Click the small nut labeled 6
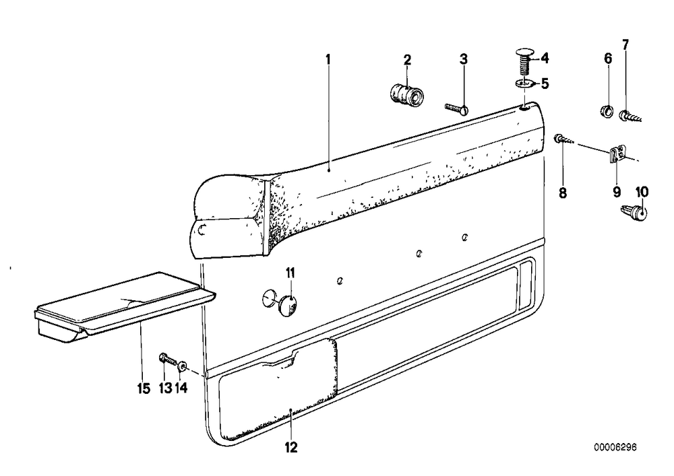click(x=606, y=110)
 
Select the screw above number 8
click(x=563, y=139)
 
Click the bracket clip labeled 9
click(x=617, y=154)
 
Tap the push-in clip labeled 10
click(x=636, y=212)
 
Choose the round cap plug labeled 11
click(x=286, y=305)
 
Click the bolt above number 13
click(x=168, y=360)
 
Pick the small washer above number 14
click(x=182, y=366)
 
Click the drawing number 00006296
click(x=615, y=447)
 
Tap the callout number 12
click(x=291, y=447)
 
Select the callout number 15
click(x=144, y=389)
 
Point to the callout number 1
click(x=328, y=59)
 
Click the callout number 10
click(x=642, y=192)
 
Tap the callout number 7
click(x=625, y=44)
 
